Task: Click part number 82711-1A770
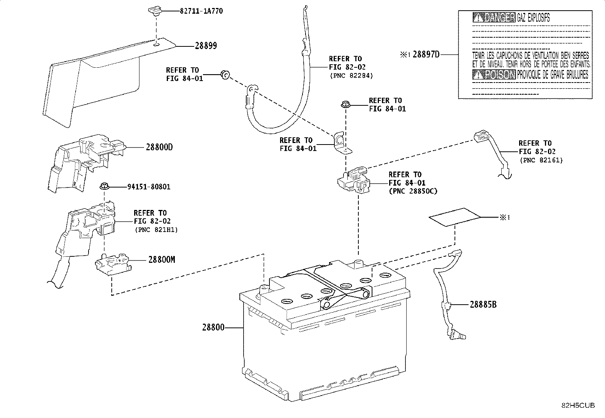[201, 11]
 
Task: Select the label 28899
[206, 46]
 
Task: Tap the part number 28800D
[159, 147]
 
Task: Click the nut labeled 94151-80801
[104, 186]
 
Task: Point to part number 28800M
[162, 260]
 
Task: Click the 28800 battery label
[213, 327]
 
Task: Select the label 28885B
[483, 305]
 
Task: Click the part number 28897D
[426, 54]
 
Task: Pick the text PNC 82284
[351, 75]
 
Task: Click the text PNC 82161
[541, 160]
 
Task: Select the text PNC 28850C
[413, 191]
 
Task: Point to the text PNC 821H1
[156, 230]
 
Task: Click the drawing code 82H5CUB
[578, 405]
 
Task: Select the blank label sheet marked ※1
[454, 217]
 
